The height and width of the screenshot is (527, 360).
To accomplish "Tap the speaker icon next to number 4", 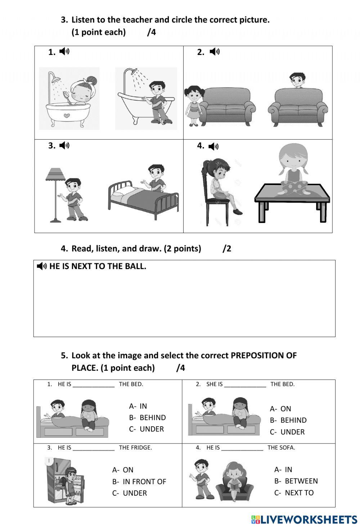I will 213,146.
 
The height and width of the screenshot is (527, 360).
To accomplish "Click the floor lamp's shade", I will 55,174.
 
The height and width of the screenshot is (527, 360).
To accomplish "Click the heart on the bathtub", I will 67,115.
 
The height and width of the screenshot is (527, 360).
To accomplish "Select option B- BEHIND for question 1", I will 148,418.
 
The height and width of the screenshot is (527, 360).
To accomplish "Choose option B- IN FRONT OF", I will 139,482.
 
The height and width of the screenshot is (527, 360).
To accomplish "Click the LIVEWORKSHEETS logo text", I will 309,519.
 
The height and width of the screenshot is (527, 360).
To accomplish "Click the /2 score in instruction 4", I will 227,249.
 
